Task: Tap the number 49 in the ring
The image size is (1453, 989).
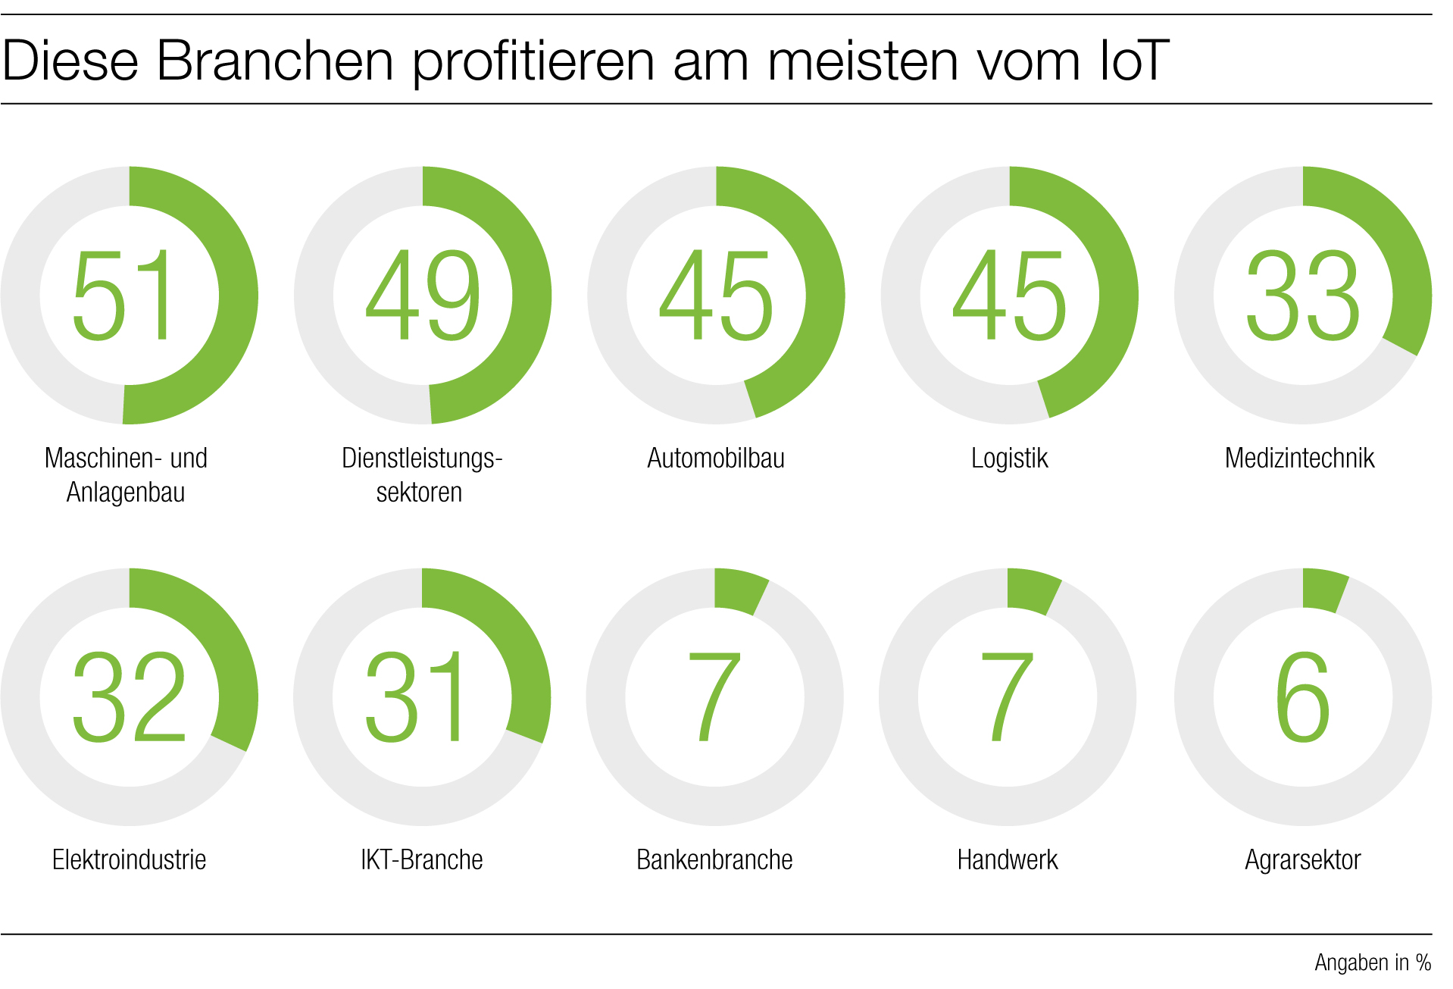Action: (x=422, y=296)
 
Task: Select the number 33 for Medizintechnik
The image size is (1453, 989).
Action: (x=1302, y=296)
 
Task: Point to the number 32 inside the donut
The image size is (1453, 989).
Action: (x=129, y=697)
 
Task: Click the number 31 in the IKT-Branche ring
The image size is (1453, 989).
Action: (x=414, y=697)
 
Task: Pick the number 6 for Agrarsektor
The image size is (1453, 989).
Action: (x=1302, y=697)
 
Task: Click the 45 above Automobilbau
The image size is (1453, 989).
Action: (x=716, y=296)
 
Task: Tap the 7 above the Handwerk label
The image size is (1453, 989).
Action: (x=1007, y=697)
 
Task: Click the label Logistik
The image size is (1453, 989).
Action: (x=1009, y=459)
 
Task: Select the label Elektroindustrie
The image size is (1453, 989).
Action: (x=129, y=860)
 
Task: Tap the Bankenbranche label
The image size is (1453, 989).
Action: (x=714, y=860)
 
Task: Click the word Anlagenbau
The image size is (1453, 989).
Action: (x=126, y=493)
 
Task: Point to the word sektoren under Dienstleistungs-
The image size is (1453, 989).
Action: (x=419, y=493)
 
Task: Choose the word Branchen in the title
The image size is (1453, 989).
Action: (x=274, y=61)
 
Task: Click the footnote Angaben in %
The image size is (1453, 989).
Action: (x=1372, y=962)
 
